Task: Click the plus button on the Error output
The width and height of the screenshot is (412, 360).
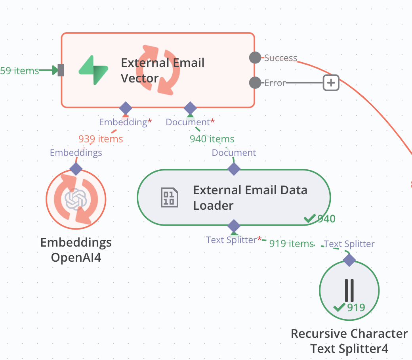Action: tap(331, 83)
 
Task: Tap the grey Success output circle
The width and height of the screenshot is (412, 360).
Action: tap(255, 57)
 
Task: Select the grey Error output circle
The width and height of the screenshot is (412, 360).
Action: tap(255, 83)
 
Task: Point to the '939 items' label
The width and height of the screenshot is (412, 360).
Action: tap(101, 139)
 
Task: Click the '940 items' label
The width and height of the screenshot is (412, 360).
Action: tap(212, 139)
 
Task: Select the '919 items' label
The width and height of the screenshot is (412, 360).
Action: tap(292, 243)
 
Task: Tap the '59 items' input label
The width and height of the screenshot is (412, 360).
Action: tap(19, 71)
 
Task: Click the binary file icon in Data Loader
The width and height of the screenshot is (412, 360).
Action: tap(169, 197)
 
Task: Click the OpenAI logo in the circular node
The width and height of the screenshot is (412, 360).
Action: tap(76, 199)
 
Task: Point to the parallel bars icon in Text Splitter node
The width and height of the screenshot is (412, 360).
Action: tap(349, 290)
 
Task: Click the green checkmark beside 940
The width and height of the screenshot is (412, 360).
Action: tap(310, 218)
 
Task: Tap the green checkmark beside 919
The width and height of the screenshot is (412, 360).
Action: tap(340, 307)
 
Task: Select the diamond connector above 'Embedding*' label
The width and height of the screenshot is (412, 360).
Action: tap(126, 108)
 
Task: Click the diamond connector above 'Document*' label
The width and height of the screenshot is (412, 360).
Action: tap(190, 108)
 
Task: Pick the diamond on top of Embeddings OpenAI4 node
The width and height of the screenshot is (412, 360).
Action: tap(76, 169)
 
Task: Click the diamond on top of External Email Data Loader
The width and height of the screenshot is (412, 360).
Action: tap(234, 169)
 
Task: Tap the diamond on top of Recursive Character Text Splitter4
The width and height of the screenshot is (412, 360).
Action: tap(349, 260)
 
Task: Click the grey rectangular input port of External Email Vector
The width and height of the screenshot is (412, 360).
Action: tap(61, 70)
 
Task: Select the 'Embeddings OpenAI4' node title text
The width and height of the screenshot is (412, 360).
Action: tap(76, 250)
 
